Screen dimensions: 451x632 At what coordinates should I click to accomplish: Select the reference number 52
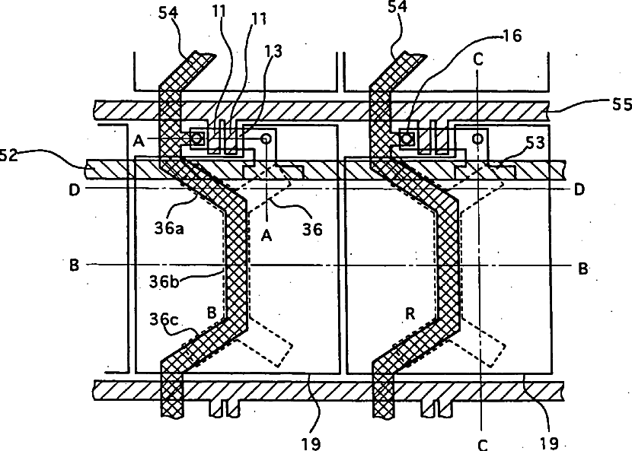(10, 155)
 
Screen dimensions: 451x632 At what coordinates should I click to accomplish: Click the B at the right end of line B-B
(582, 268)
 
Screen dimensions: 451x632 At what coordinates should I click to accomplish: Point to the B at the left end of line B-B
(74, 265)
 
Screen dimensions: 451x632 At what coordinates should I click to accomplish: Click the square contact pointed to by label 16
(407, 138)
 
